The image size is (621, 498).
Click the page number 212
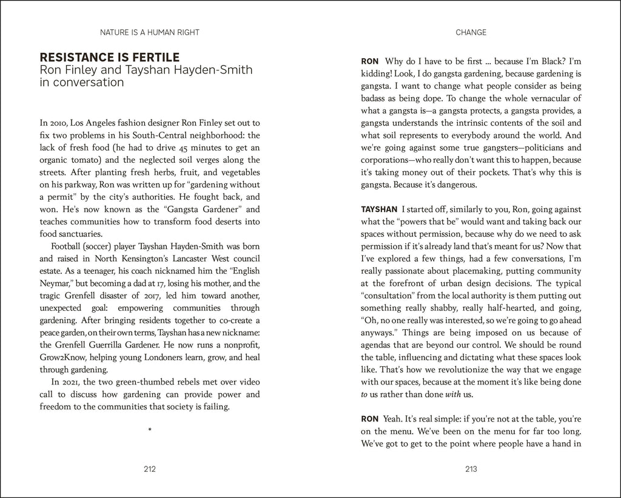tap(150, 468)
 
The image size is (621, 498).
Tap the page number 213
tap(471, 468)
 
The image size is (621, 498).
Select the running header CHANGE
tap(471, 32)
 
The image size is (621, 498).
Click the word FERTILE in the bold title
tap(153, 58)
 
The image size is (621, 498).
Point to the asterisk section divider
tap(150, 431)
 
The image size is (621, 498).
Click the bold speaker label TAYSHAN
tap(379, 209)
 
